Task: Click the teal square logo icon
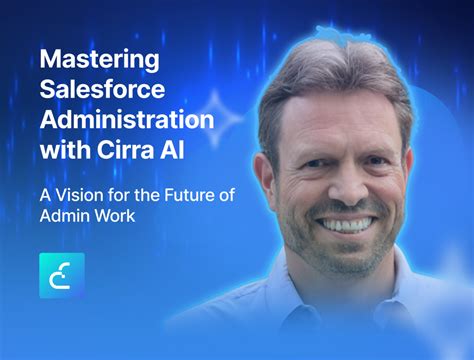(x=62, y=275)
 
